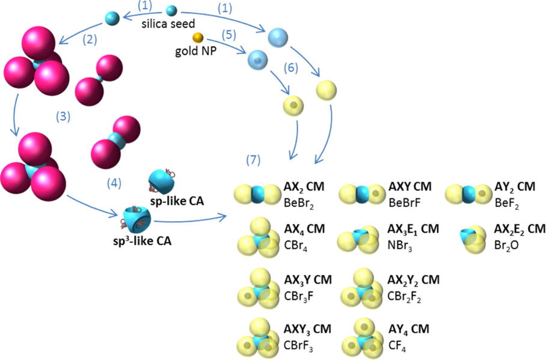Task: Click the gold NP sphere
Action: tap(198, 38)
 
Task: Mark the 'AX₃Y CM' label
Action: tap(307, 279)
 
